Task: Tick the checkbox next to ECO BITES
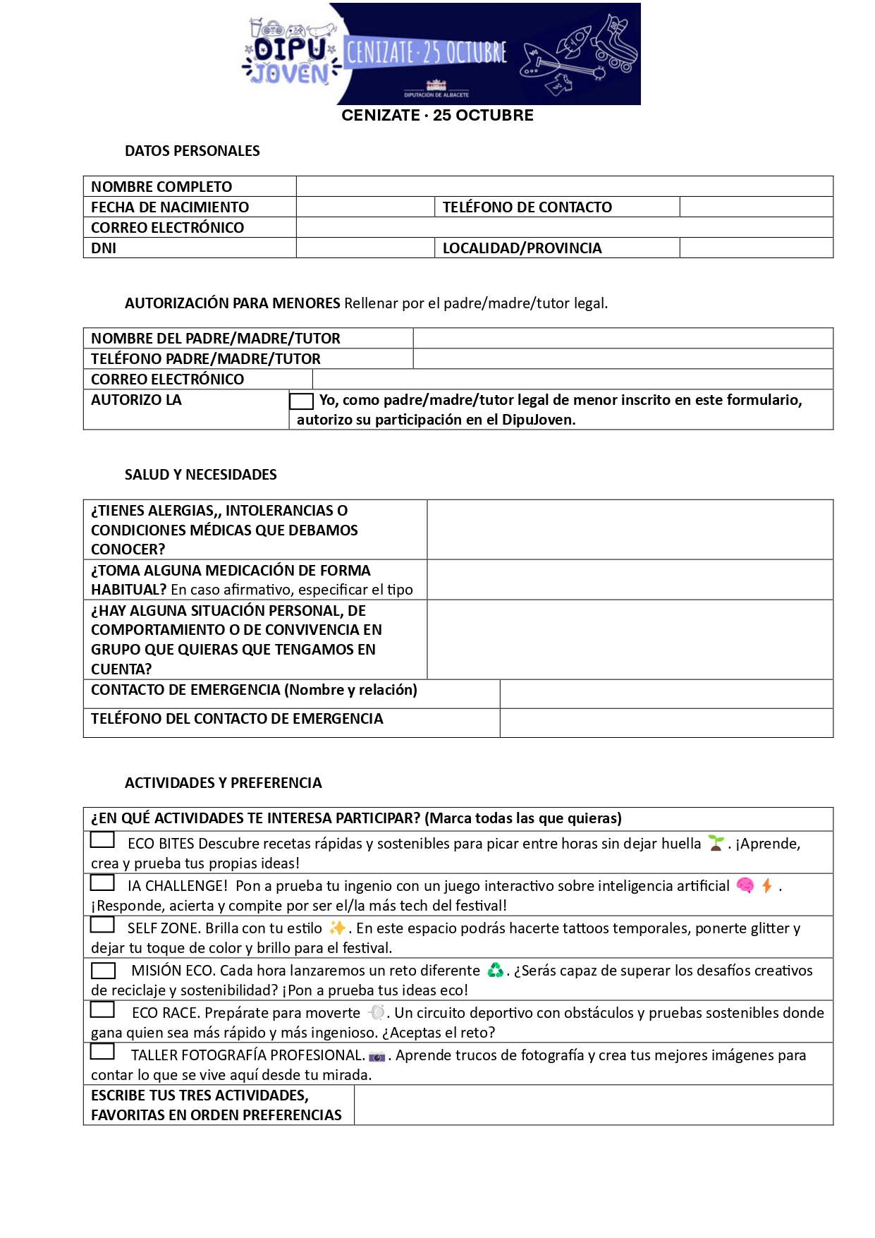(102, 840)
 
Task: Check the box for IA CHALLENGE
(102, 882)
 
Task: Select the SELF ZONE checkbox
(102, 925)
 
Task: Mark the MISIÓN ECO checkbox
(103, 971)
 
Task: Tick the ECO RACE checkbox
(102, 1009)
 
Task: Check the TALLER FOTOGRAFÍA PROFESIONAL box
(102, 1052)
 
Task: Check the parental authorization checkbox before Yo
(301, 401)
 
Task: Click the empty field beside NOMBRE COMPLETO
(564, 186)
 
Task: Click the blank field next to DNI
(365, 248)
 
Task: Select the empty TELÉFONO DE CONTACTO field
(756, 207)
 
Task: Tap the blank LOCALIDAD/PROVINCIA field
(756, 248)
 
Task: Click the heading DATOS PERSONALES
(192, 151)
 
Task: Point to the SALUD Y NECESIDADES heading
(200, 475)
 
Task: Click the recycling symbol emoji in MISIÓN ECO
(496, 971)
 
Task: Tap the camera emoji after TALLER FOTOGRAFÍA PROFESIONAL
(377, 1056)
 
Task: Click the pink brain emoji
(745, 885)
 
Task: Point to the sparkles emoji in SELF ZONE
(338, 928)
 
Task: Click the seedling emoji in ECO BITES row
(716, 843)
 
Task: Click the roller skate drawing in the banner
(611, 44)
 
